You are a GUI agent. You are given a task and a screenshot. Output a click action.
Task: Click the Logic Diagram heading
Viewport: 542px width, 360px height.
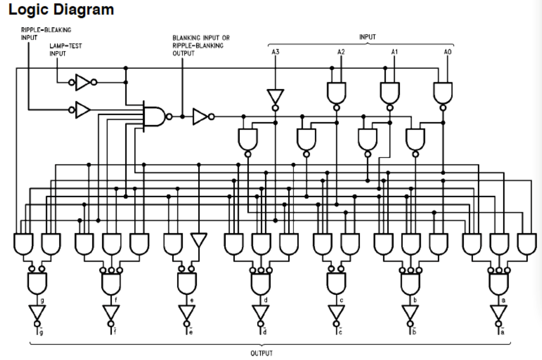pos(61,9)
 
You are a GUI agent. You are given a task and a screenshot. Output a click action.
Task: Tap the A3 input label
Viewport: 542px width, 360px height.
pos(275,52)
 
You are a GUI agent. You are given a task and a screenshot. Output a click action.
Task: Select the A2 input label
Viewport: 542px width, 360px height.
pos(341,52)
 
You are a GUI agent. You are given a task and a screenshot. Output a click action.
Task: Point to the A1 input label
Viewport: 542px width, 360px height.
pos(394,52)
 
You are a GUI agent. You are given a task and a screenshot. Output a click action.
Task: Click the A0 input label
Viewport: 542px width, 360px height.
pos(447,52)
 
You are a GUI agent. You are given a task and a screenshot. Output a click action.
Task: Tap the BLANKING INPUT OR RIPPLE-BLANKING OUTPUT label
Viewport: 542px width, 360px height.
pos(201,46)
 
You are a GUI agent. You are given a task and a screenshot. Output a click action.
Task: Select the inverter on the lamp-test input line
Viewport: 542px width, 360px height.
pos(83,82)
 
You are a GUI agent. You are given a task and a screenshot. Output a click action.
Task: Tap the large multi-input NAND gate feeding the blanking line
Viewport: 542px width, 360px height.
pos(155,116)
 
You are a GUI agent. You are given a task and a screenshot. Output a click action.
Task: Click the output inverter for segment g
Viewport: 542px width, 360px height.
pos(37,312)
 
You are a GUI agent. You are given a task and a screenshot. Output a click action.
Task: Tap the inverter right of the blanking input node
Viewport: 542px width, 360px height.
pos(200,116)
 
